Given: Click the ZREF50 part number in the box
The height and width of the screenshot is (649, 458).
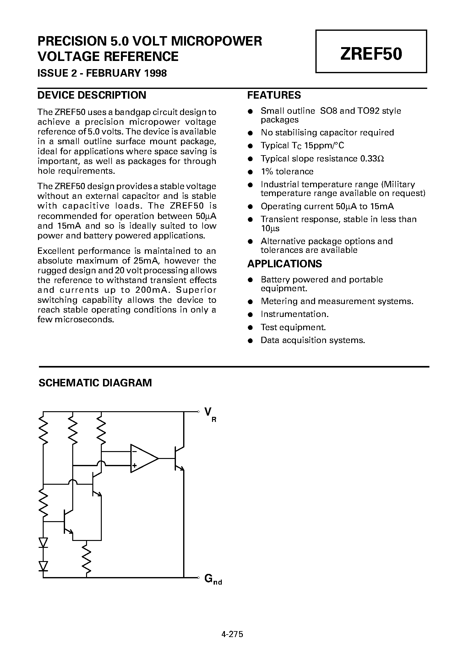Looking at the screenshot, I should click(371, 54).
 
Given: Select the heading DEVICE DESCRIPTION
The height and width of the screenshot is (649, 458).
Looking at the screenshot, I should click(92, 95).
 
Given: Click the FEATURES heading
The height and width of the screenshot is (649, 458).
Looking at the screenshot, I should click(274, 95).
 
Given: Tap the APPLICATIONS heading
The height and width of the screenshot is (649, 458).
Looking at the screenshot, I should click(285, 264).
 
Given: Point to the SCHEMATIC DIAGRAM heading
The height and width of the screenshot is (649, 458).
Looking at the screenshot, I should click(95, 383).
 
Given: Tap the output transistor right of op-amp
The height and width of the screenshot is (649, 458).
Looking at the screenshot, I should click(178, 458).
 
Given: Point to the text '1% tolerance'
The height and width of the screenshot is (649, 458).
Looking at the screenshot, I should click(287, 172).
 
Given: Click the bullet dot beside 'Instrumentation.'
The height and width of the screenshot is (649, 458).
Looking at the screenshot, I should click(250, 314).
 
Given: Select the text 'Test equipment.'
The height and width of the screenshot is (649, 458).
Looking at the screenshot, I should click(293, 327).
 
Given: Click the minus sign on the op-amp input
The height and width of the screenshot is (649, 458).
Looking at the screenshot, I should click(134, 452).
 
